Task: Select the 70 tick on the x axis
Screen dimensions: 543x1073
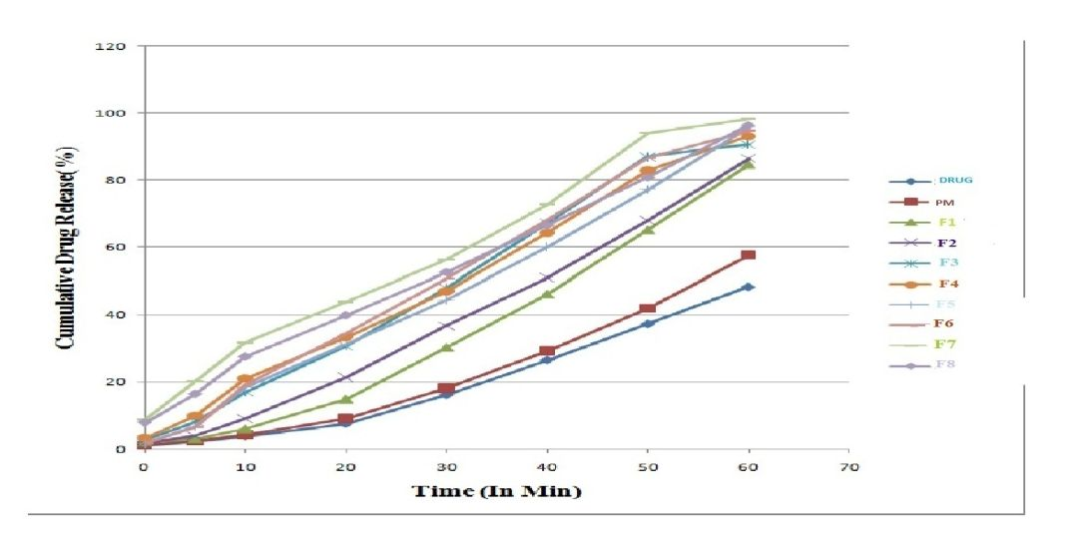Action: [848, 467]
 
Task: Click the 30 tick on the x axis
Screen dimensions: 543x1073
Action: [446, 467]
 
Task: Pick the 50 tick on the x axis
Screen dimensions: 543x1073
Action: [648, 467]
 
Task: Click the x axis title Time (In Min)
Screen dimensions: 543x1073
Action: [499, 491]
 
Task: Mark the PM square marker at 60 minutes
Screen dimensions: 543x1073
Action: [749, 256]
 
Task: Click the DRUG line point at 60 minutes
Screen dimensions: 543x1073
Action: [749, 286]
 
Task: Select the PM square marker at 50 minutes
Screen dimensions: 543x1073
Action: [648, 308]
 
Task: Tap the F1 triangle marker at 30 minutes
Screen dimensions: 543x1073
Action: [446, 347]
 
